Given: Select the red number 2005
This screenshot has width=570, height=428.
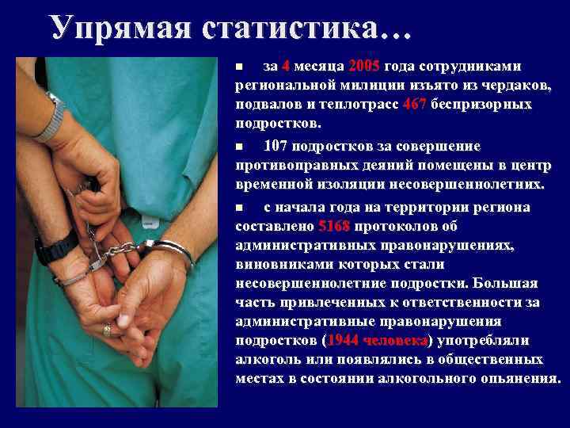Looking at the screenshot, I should point(365,66).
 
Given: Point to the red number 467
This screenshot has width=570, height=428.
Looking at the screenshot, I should point(415,105).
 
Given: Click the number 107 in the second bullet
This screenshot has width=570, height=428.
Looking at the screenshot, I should point(276,147).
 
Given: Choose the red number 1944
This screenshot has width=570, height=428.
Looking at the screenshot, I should point(343,339).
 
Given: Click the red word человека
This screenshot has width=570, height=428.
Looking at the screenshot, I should point(393,339).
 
